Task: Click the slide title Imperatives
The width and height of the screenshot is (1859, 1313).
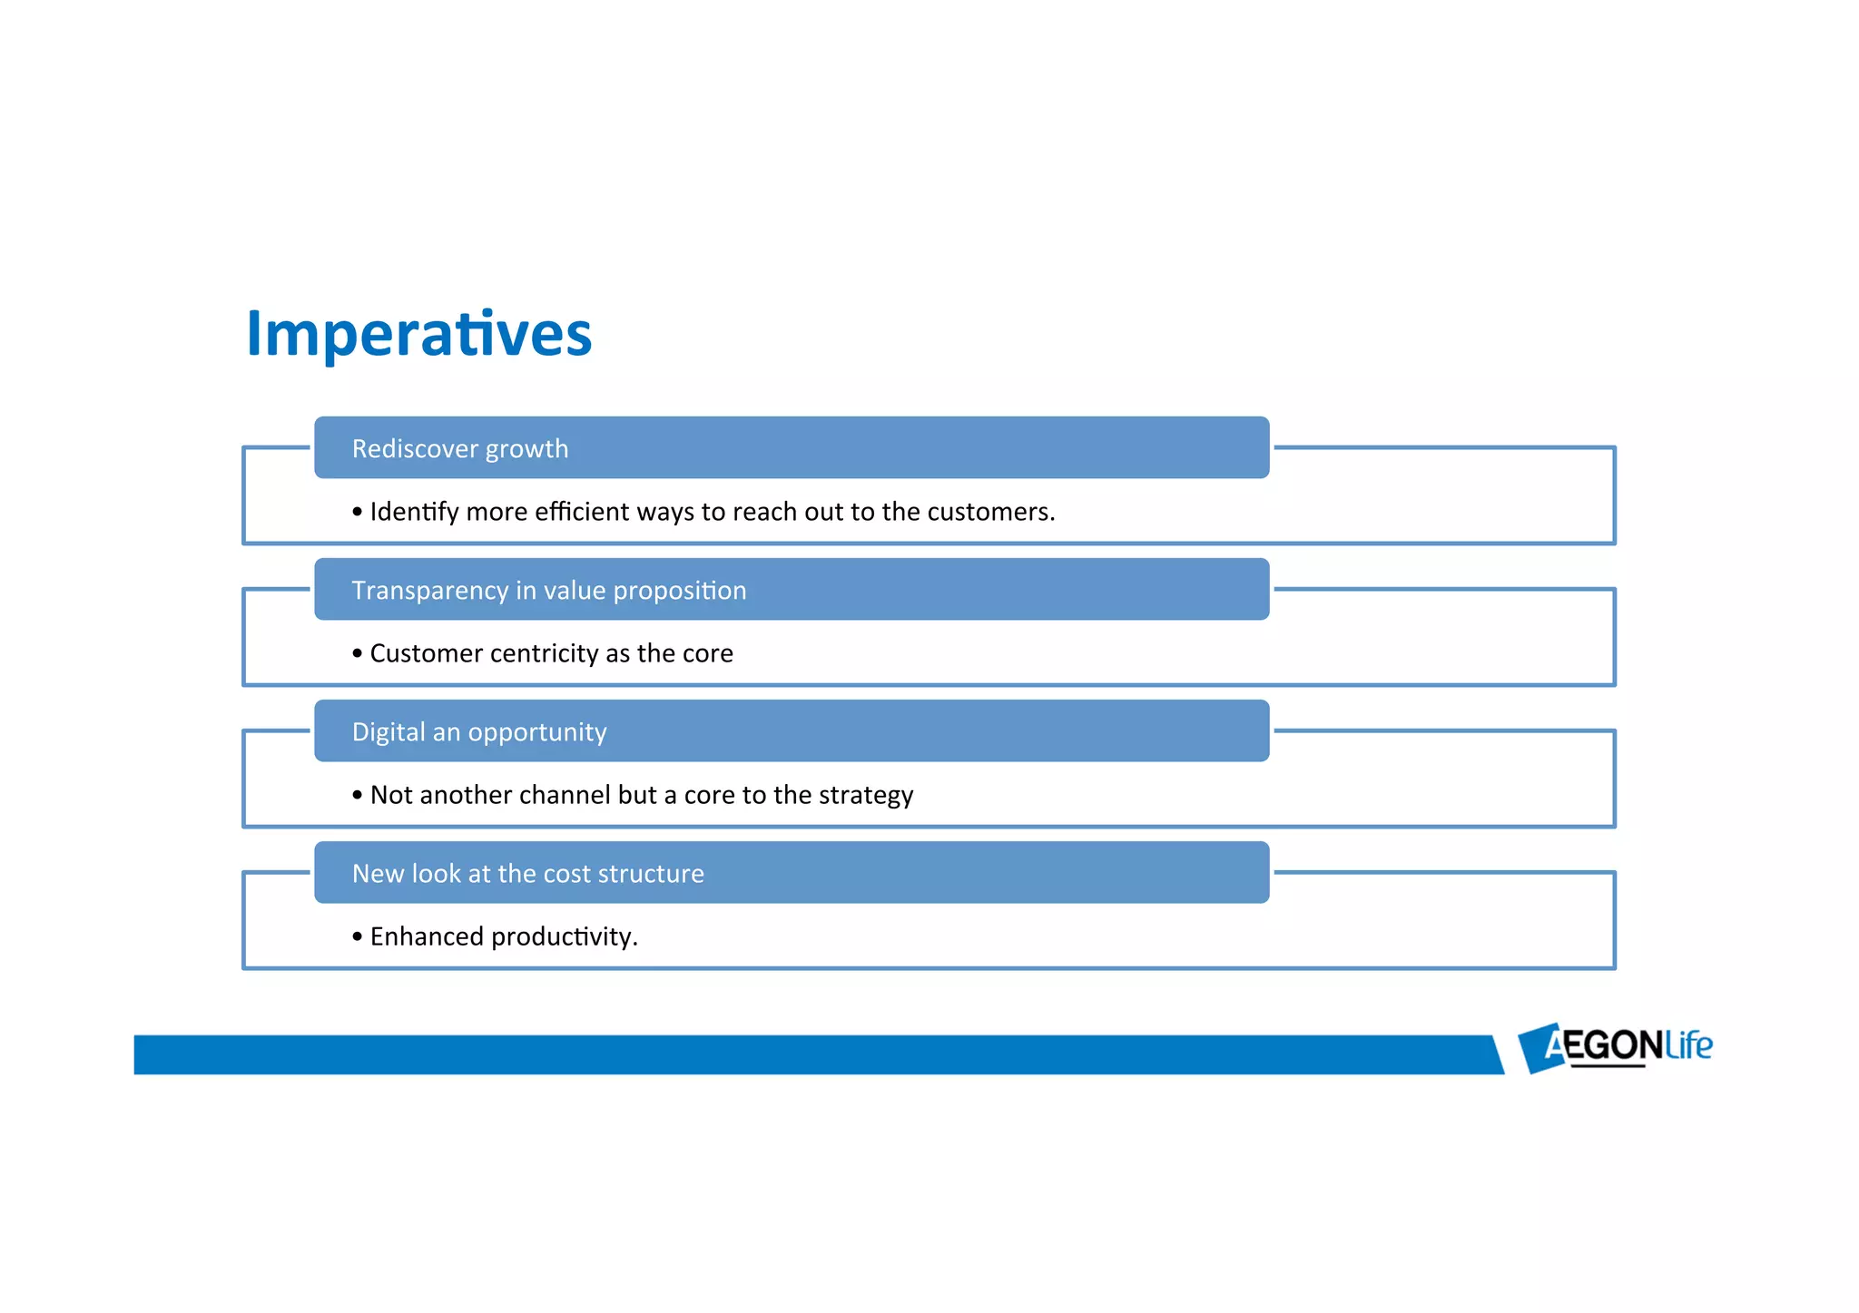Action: tap(418, 334)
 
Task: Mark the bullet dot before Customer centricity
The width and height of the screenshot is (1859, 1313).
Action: tap(357, 653)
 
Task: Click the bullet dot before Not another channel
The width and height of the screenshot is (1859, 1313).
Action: tap(357, 795)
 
